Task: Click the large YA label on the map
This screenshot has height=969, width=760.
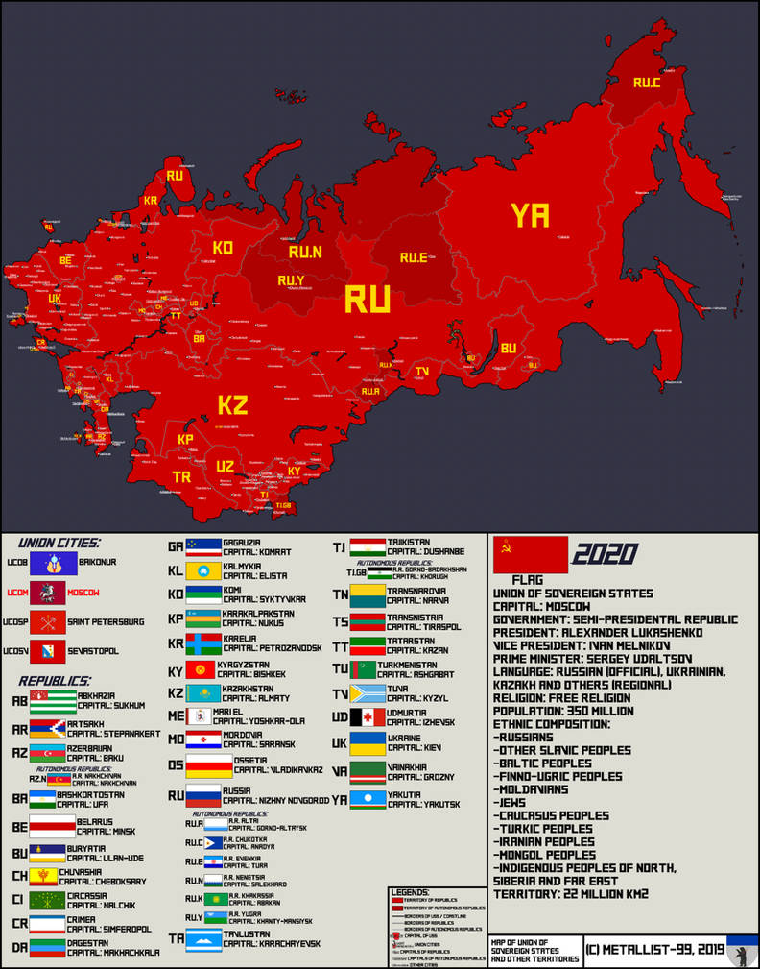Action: click(531, 215)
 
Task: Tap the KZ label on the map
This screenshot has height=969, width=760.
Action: click(233, 404)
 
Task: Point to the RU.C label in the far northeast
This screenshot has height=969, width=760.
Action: click(647, 84)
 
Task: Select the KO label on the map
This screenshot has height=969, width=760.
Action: click(223, 248)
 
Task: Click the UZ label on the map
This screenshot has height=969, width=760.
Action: click(225, 466)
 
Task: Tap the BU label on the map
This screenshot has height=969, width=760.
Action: click(508, 349)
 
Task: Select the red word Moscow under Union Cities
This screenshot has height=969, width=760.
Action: click(83, 593)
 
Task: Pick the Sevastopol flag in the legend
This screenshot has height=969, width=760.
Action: click(47, 651)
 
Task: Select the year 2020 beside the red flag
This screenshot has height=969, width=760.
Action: click(605, 554)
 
